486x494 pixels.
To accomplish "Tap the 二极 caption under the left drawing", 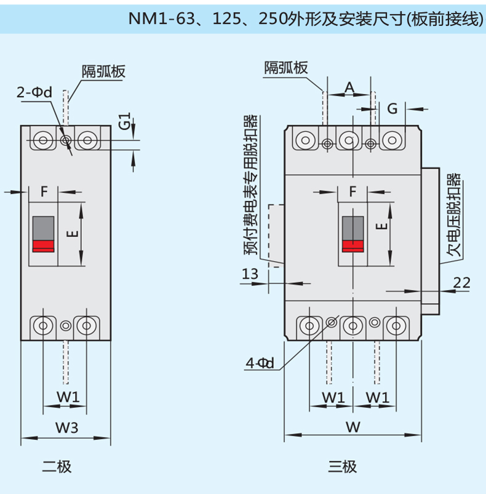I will (x=57, y=466).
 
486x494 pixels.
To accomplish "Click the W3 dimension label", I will (x=66, y=426).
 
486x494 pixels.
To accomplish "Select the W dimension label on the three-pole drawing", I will (x=353, y=426).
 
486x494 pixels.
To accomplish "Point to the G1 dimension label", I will (x=124, y=121).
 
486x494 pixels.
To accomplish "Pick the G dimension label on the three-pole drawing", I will (x=392, y=109).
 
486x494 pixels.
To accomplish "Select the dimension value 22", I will (x=461, y=283).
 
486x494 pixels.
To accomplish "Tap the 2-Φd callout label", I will (x=34, y=93).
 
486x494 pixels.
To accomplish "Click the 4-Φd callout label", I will (x=259, y=363).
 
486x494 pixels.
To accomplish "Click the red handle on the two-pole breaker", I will (x=43, y=246).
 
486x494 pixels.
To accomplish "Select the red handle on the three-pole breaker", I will (x=353, y=246).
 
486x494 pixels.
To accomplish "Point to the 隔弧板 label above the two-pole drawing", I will (x=103, y=71).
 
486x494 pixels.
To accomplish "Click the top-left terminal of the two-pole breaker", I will (x=42, y=140).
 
